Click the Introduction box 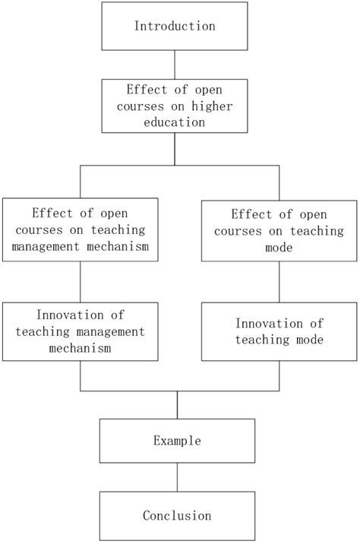[175, 26]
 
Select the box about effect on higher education [175, 106]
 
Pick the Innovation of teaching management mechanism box [81, 331]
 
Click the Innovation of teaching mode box [279, 331]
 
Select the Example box [177, 440]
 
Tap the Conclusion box [177, 515]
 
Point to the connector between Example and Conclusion [177, 478]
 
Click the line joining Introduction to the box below [175, 64]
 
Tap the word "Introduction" [175, 26]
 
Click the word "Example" [177, 440]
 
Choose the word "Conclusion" [177, 515]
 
